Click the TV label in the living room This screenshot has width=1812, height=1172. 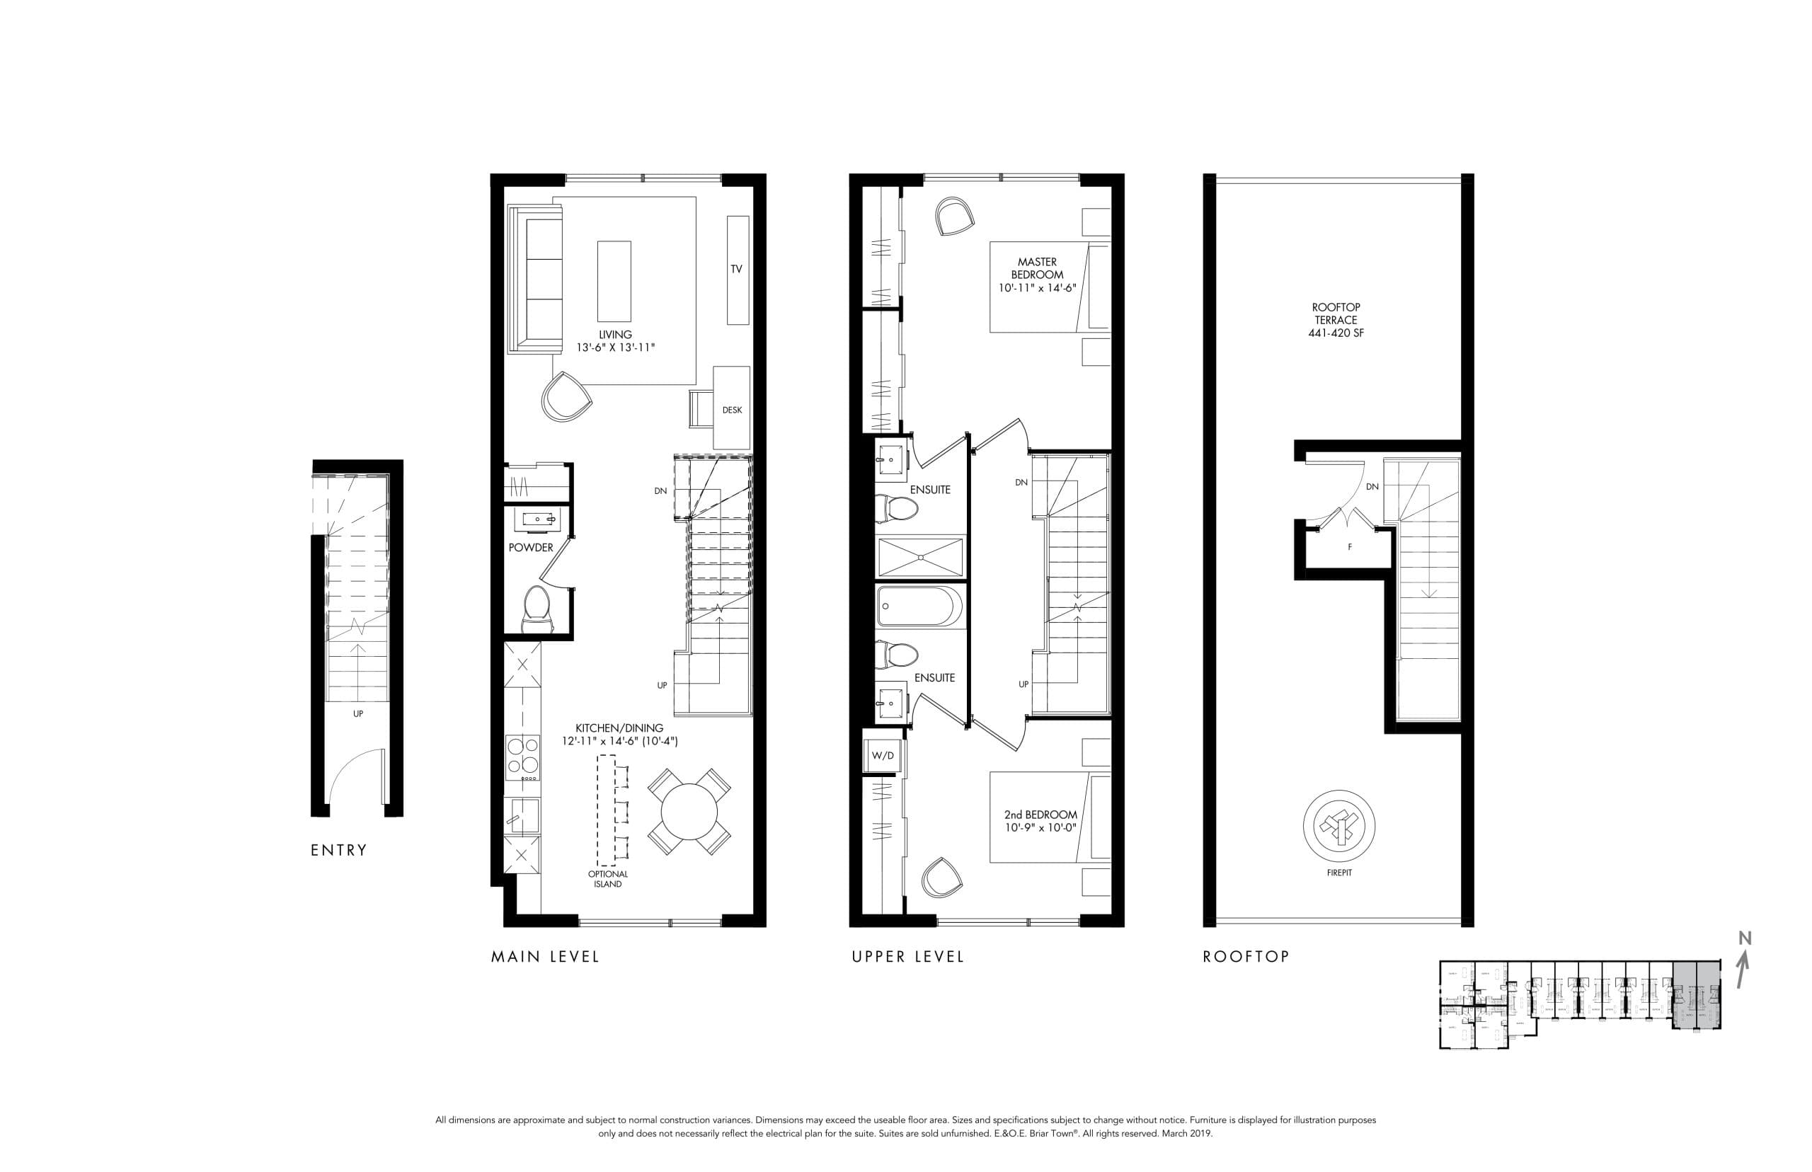(x=735, y=270)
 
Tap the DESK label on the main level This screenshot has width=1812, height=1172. (x=731, y=410)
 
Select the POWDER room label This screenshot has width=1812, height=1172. (x=530, y=547)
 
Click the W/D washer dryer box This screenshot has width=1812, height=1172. (x=883, y=756)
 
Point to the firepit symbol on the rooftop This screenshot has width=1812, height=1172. (x=1338, y=825)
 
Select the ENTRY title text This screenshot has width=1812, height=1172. (x=338, y=850)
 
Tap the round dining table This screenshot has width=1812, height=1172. (x=689, y=812)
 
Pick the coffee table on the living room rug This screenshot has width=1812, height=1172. (x=614, y=282)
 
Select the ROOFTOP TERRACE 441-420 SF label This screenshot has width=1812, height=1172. (x=1336, y=320)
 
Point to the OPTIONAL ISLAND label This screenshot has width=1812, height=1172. (x=607, y=879)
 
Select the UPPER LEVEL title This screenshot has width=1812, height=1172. (x=908, y=957)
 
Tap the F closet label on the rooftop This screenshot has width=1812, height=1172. (x=1349, y=547)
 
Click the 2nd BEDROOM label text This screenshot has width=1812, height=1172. (x=1040, y=815)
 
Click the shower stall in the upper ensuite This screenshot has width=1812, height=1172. (x=920, y=557)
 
